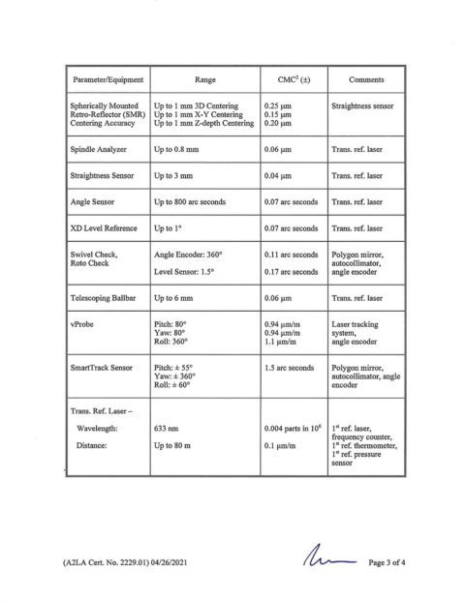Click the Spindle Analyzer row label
[x=99, y=152]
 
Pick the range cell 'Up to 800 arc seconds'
[x=196, y=202]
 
